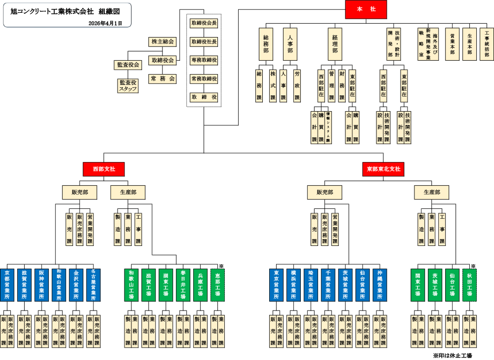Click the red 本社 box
coord(366,10)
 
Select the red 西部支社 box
coord(104,169)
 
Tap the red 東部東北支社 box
coord(383,169)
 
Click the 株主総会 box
coord(163,42)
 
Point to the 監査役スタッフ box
coord(127,85)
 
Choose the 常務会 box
coord(163,79)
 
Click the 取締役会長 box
coord(204,23)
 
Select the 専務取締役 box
coord(204,60)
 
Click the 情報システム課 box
coord(328,127)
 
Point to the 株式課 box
coord(273,85)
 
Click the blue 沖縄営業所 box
coord(379,285)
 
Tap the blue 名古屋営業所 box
coord(93,285)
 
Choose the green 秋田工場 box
coord(469,285)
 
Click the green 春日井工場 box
coord(183,285)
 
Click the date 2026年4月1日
coord(105,23)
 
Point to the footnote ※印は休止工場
coord(452,355)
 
